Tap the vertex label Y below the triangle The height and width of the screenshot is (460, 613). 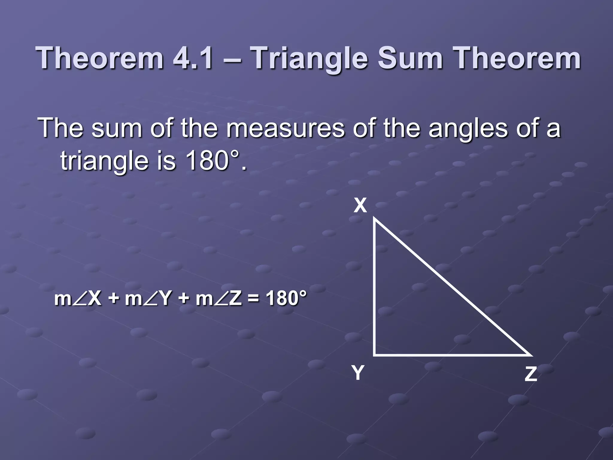(x=358, y=373)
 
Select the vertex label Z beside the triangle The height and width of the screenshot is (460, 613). (x=531, y=374)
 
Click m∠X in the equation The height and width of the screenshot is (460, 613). (x=78, y=299)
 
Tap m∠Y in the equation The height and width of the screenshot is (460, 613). (x=148, y=299)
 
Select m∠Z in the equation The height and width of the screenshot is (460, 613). (x=219, y=299)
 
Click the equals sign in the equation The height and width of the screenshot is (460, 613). (x=254, y=299)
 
